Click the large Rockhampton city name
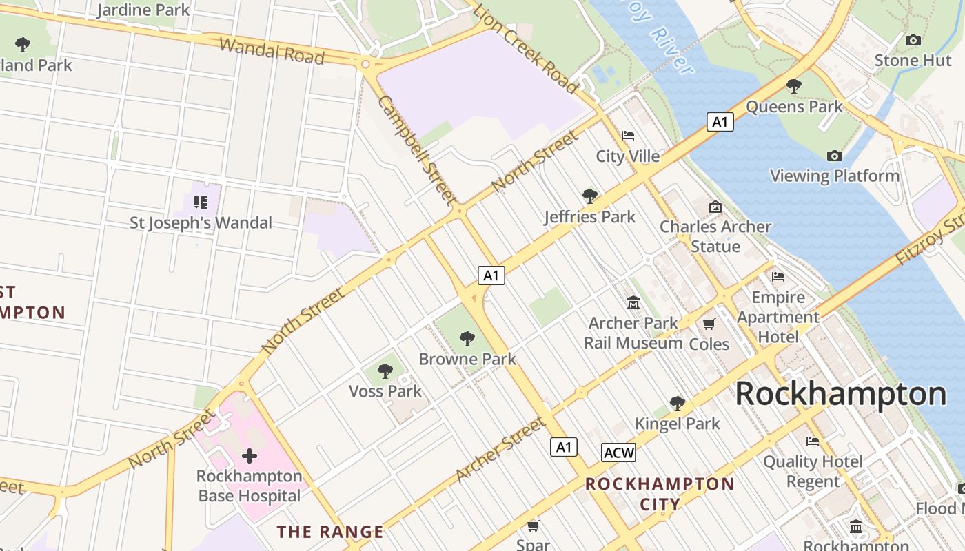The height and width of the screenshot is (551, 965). coord(840,395)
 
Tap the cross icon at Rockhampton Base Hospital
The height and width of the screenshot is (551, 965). coord(250,456)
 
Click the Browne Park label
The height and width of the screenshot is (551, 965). coord(467,359)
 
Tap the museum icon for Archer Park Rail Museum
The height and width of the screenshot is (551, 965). coord(633,302)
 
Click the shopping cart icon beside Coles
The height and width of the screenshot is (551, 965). coord(709,324)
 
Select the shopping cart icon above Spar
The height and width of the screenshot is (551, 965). coord(533,526)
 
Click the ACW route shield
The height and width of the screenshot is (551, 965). coord(618,453)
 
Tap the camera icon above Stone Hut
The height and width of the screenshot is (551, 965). coord(913,41)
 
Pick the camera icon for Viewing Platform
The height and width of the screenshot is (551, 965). coord(834,156)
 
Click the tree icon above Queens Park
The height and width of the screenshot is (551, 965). coord(793,86)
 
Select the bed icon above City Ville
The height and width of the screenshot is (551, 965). coord(627,136)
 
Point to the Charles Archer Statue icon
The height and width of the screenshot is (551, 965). coord(715,207)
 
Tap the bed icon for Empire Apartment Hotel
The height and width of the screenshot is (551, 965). coord(778,277)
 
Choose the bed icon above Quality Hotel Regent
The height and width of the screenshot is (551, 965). coord(813,441)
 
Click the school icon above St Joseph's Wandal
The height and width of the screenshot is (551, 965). coord(201,202)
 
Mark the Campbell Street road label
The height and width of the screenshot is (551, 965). coord(416,150)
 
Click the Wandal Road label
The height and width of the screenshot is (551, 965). coord(272,52)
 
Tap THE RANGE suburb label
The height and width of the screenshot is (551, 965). coord(330,532)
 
